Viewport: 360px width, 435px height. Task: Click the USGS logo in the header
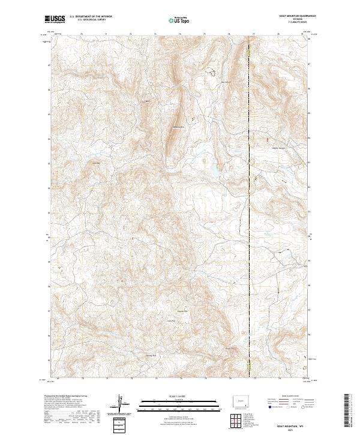pos(55,19)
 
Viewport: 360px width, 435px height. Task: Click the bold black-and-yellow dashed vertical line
pos(249,210)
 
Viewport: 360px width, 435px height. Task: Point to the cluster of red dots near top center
pos(211,73)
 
